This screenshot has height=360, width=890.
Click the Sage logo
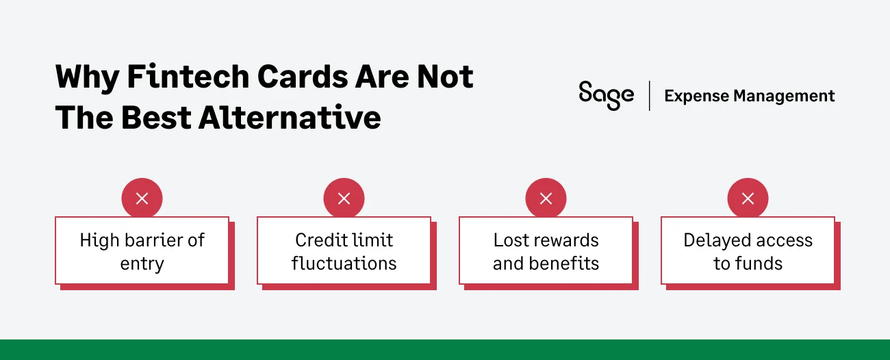click(606, 96)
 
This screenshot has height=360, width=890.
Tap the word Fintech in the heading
click(188, 76)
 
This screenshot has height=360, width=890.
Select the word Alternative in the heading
click(290, 118)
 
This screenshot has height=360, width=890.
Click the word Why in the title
click(87, 79)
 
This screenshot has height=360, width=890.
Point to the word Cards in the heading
click(303, 76)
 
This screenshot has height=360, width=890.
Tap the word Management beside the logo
click(784, 96)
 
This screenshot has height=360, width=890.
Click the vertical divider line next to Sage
click(649, 96)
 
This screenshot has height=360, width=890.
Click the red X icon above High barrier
click(142, 198)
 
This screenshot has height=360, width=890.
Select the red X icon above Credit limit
click(344, 198)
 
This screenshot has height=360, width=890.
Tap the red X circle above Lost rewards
click(546, 198)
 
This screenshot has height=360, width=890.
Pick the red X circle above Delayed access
click(748, 198)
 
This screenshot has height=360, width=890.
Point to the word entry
click(142, 265)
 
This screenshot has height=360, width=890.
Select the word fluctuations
click(344, 263)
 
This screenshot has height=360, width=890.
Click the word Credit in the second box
click(318, 240)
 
